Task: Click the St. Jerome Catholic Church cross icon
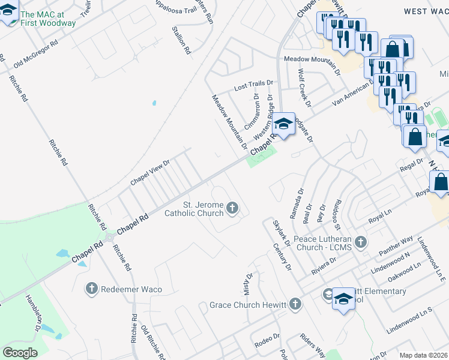(232, 208)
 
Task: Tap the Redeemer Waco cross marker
(91, 289)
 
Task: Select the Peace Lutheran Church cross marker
(360, 242)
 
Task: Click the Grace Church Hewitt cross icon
(295, 305)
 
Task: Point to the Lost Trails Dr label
(253, 87)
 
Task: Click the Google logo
(20, 352)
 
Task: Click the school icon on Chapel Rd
(283, 125)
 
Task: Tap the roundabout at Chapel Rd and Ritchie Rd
(110, 238)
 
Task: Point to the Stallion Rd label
(181, 41)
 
